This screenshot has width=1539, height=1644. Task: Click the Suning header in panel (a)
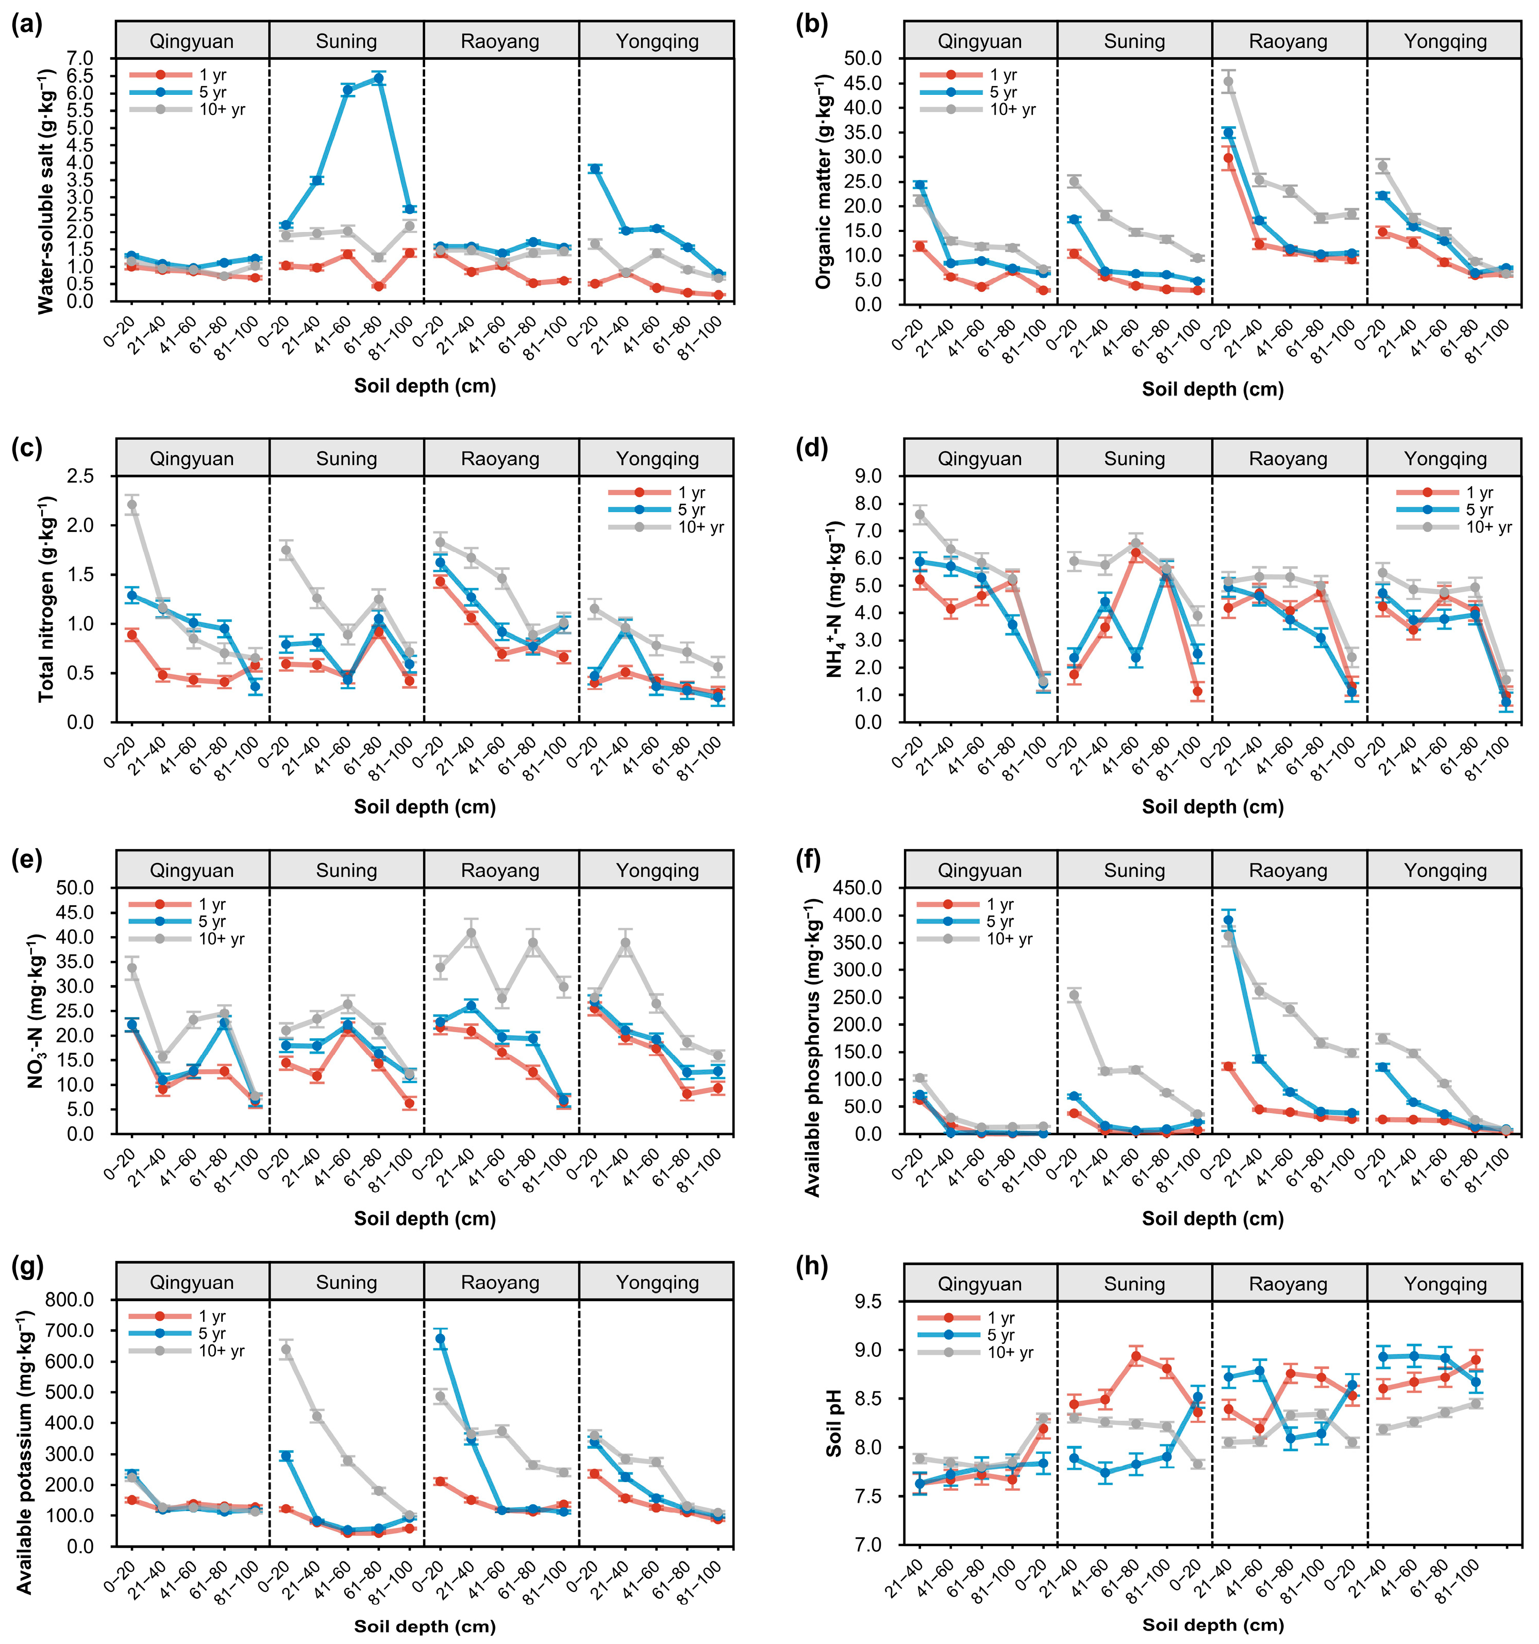tap(346, 41)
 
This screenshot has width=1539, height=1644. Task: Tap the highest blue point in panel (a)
tap(378, 78)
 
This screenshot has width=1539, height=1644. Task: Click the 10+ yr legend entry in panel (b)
tap(1011, 109)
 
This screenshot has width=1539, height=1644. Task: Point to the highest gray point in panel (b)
tap(1229, 81)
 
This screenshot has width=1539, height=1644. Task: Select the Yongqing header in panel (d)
tap(1445, 458)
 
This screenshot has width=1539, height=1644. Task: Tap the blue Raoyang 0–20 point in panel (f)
tap(1229, 920)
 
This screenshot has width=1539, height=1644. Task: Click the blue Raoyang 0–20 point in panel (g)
tap(441, 1338)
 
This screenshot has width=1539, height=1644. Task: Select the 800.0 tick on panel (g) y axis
tap(70, 1300)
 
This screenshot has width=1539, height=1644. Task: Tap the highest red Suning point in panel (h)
tap(1136, 1356)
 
